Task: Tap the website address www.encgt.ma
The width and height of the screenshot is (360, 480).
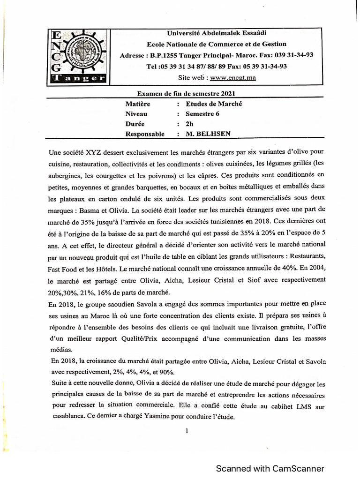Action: [x=233, y=77]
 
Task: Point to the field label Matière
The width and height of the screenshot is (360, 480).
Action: [x=138, y=104]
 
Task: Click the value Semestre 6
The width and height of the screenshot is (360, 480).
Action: [x=202, y=113]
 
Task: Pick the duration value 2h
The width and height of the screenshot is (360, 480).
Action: [x=189, y=124]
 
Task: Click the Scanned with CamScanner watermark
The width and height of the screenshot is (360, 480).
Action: [x=270, y=468]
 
